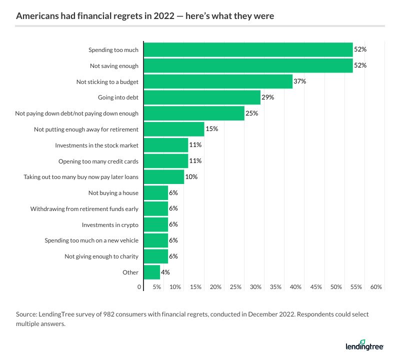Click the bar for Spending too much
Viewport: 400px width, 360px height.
(x=248, y=50)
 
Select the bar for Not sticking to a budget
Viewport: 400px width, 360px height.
(x=218, y=81)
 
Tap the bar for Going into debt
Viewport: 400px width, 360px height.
(x=202, y=97)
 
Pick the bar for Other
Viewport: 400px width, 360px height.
(x=152, y=272)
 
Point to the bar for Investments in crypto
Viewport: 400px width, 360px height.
(x=156, y=224)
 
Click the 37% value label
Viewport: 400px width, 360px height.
(x=300, y=81)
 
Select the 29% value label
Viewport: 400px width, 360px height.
(x=268, y=97)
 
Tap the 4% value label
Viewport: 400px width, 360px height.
(x=165, y=272)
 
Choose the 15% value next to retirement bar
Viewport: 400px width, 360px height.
(x=212, y=129)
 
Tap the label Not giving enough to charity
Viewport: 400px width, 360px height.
(x=101, y=256)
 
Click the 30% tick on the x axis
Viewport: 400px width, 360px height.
(x=255, y=287)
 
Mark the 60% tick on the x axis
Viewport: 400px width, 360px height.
(x=376, y=287)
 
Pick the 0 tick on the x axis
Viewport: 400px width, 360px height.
(x=139, y=287)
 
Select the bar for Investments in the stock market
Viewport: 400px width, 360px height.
(x=166, y=145)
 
